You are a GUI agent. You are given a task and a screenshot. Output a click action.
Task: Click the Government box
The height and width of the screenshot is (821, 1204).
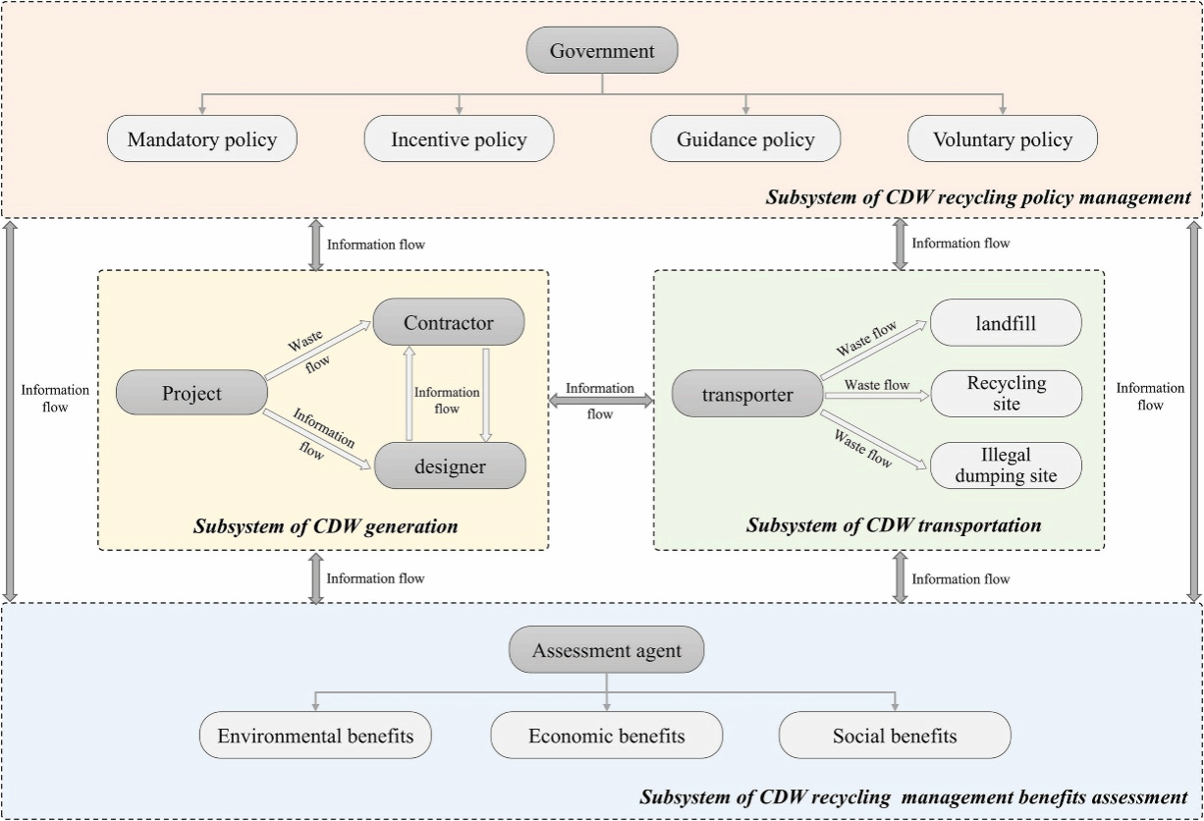pyautogui.click(x=602, y=50)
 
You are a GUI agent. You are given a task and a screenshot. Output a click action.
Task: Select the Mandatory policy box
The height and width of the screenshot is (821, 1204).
pyautogui.click(x=202, y=138)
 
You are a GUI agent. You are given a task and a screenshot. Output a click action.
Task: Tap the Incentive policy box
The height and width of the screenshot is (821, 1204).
pyautogui.click(x=459, y=138)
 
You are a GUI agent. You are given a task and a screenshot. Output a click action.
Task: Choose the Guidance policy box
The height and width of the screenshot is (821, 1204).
pyautogui.click(x=745, y=138)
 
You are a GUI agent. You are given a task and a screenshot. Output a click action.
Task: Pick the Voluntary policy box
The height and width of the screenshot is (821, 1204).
pyautogui.click(x=1002, y=138)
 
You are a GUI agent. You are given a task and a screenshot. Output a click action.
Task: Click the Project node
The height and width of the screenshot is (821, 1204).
pyautogui.click(x=192, y=393)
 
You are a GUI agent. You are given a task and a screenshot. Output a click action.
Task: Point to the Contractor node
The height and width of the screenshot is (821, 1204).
pyautogui.click(x=449, y=322)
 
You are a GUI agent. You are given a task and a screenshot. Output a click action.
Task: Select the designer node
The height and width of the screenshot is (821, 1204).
pyautogui.click(x=449, y=465)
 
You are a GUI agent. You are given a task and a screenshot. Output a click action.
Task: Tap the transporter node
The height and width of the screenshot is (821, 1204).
pyautogui.click(x=746, y=395)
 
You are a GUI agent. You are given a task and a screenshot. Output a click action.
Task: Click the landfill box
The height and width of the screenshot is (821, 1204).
pyautogui.click(x=1006, y=322)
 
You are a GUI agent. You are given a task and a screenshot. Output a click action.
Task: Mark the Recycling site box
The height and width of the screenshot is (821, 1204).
pyautogui.click(x=1006, y=394)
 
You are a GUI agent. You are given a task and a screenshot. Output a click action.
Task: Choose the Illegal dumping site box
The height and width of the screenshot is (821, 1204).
pyautogui.click(x=1006, y=465)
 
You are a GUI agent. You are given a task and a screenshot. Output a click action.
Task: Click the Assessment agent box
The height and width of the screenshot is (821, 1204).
pyautogui.click(x=606, y=650)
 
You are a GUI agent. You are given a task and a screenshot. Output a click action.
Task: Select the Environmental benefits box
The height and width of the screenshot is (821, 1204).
pyautogui.click(x=315, y=736)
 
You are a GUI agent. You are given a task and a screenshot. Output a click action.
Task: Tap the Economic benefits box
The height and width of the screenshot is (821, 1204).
pyautogui.click(x=606, y=736)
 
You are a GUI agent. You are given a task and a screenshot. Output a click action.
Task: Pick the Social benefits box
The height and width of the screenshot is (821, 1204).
pyautogui.click(x=895, y=736)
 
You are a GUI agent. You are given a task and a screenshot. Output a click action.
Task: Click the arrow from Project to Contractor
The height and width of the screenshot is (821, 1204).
pyautogui.click(x=319, y=349)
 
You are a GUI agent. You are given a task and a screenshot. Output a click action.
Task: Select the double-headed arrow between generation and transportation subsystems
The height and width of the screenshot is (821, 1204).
pyautogui.click(x=601, y=400)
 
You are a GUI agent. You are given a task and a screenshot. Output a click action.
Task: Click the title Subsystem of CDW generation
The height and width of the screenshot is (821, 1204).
pyautogui.click(x=325, y=526)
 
